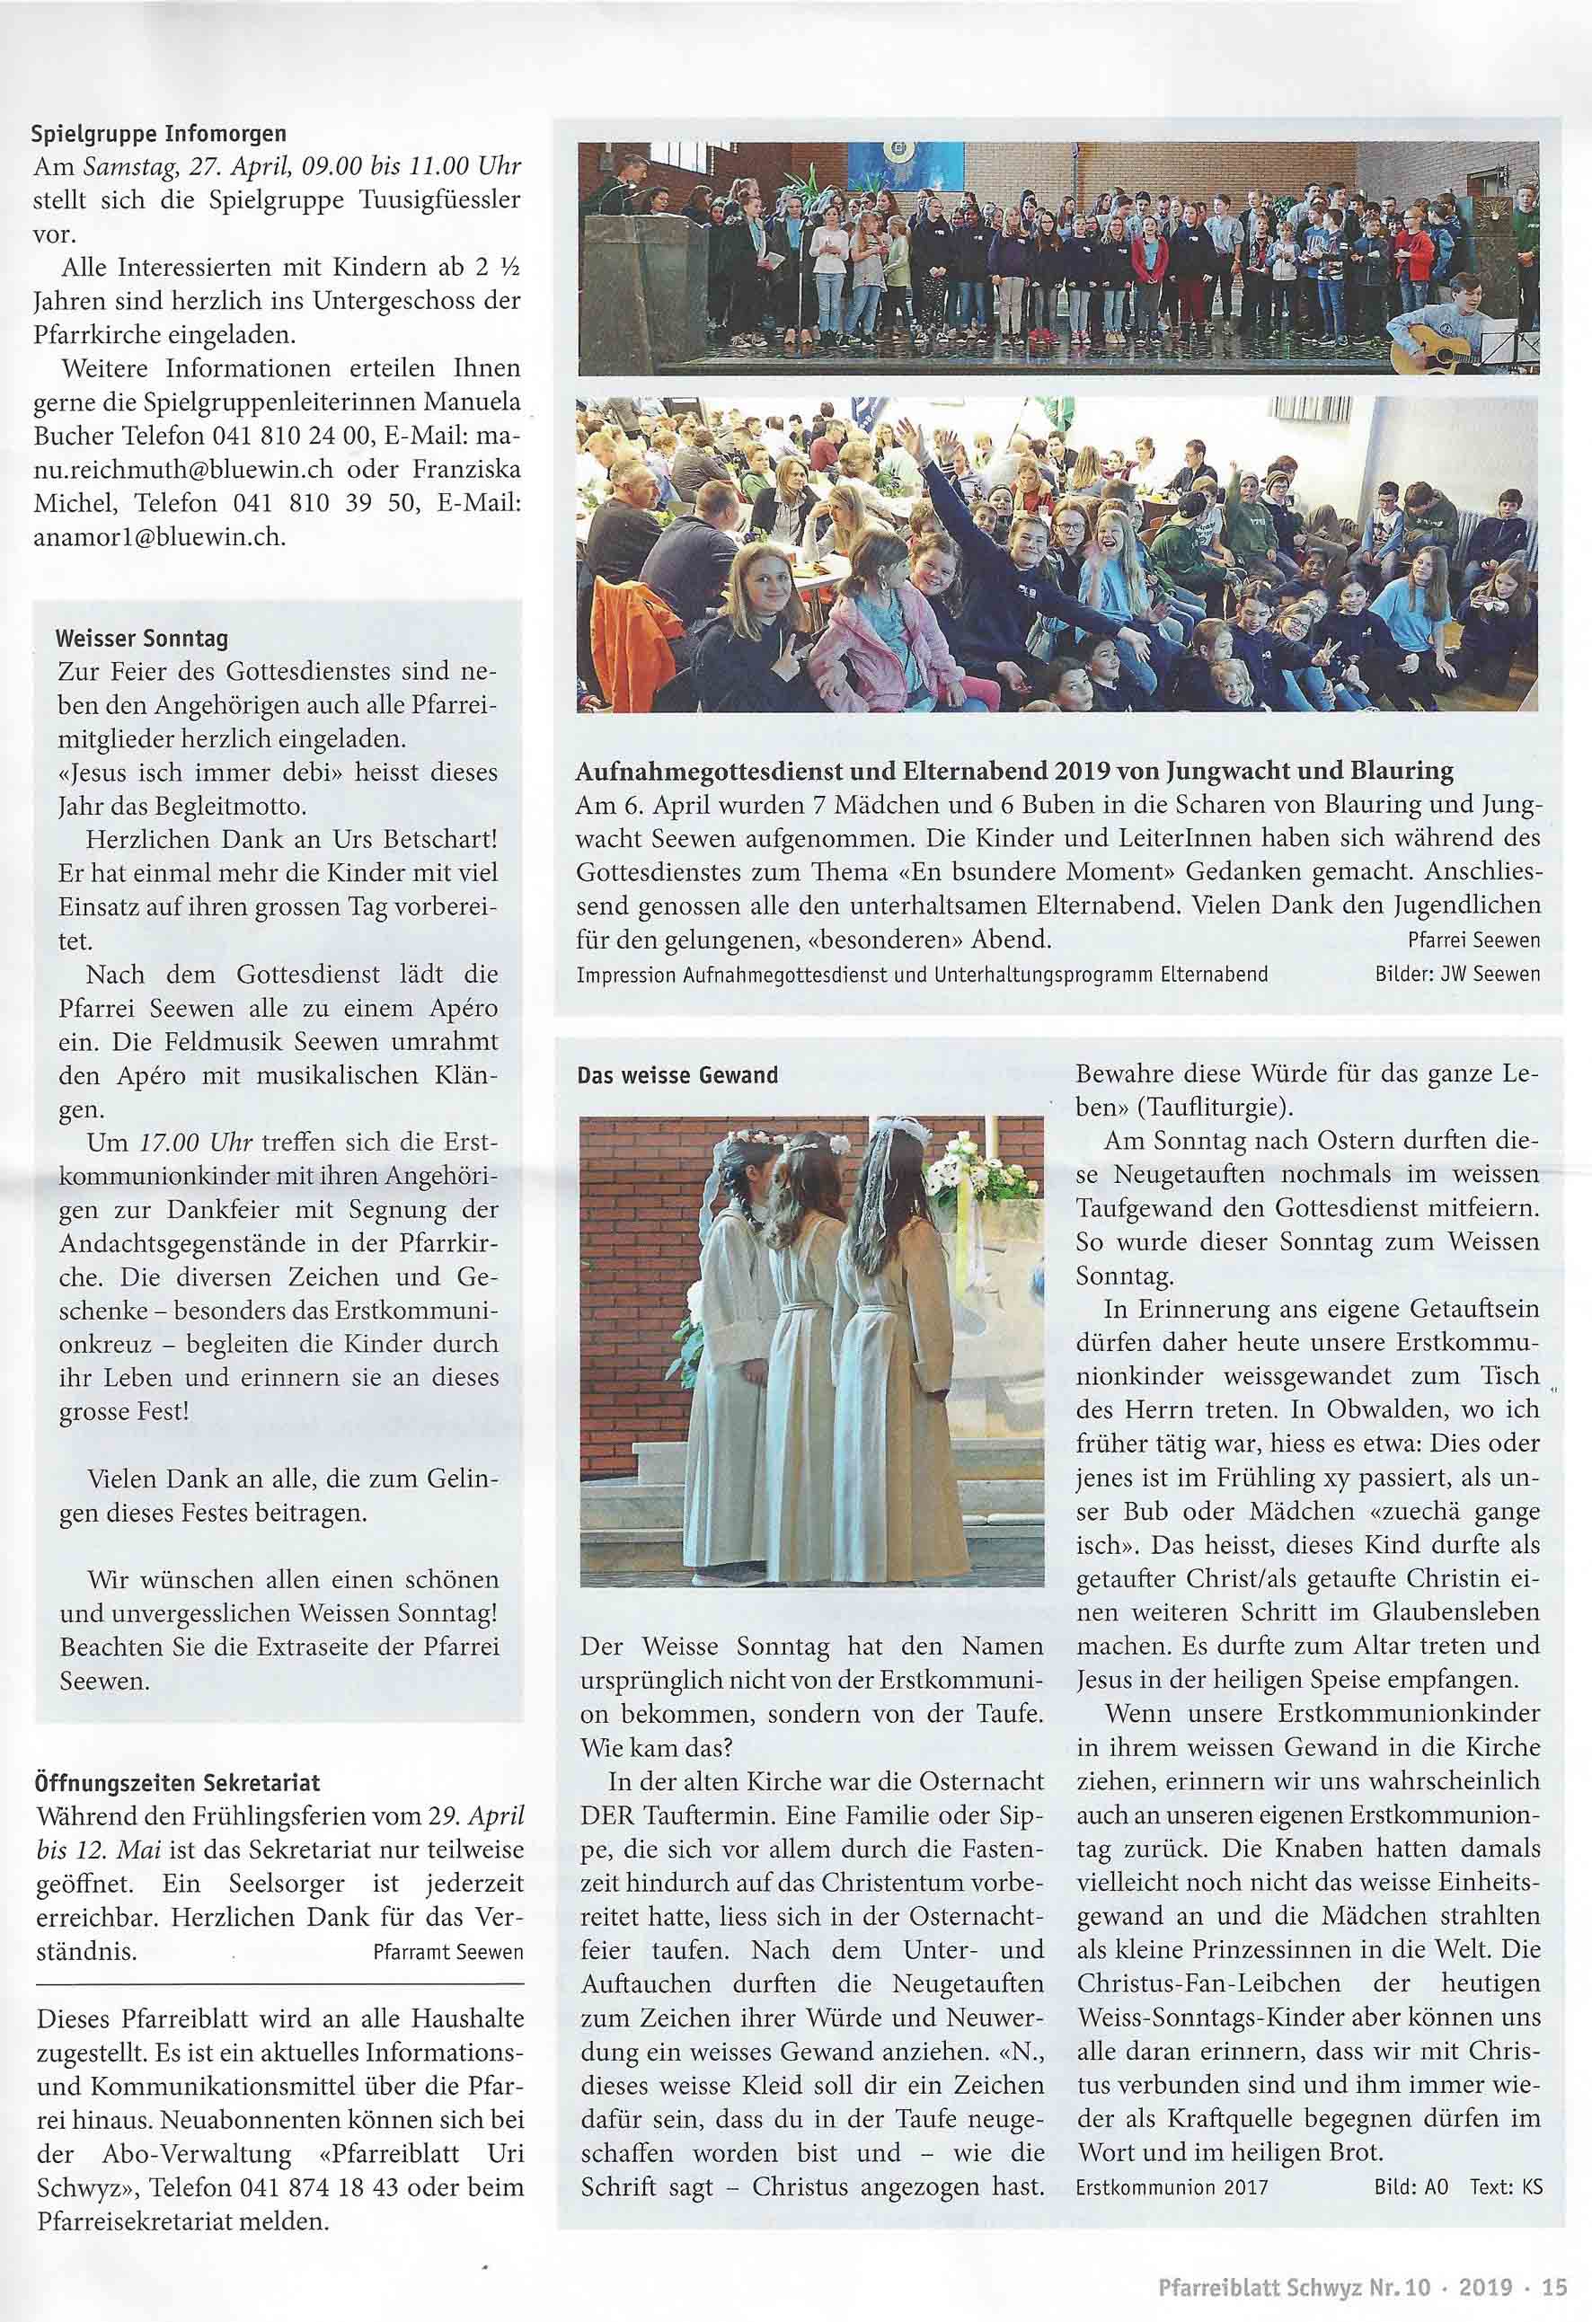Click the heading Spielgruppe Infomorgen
click(x=160, y=134)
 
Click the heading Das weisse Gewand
click(x=677, y=1076)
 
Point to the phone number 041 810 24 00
click(x=284, y=436)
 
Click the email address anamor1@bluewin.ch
click(x=160, y=537)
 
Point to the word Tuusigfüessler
click(x=438, y=199)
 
